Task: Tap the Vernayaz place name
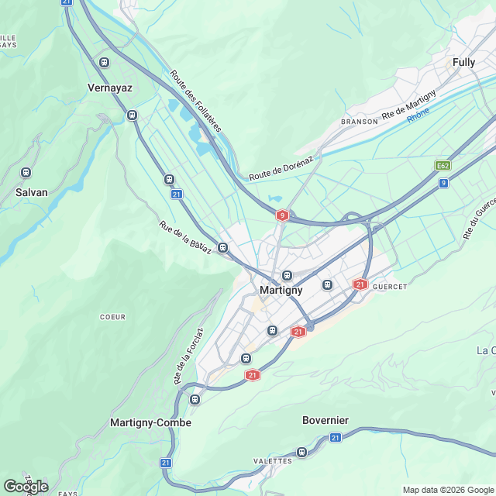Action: click(x=109, y=88)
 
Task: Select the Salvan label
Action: click(x=32, y=191)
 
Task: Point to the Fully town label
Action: click(x=463, y=62)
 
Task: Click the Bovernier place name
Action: click(x=325, y=420)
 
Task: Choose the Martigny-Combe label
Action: click(x=150, y=423)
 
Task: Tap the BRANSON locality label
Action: click(x=360, y=122)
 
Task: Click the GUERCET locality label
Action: click(x=390, y=286)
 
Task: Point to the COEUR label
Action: click(x=112, y=317)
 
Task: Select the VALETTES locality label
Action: click(x=273, y=460)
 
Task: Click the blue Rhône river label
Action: click(x=418, y=113)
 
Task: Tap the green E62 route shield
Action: click(x=443, y=165)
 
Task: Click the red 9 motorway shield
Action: click(x=283, y=215)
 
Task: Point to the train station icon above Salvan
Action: click(x=26, y=172)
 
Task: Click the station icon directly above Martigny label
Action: click(x=287, y=274)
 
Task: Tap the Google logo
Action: click(x=26, y=486)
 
